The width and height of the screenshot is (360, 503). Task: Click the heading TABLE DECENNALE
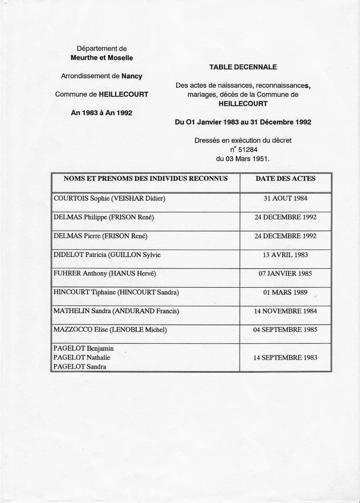pos(243,67)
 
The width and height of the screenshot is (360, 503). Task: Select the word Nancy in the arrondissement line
pos(132,76)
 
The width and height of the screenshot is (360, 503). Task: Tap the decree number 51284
pos(248,150)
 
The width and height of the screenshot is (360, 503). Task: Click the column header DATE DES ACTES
pos(286,178)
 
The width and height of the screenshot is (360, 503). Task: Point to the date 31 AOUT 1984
pos(286,198)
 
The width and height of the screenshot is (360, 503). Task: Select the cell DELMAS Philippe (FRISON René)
pos(104,217)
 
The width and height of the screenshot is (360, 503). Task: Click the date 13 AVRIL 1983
pos(286,255)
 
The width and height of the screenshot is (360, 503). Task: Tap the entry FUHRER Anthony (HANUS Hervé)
pos(105,273)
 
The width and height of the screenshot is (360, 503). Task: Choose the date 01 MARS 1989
pos(286,292)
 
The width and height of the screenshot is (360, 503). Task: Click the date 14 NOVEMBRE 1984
pos(286,311)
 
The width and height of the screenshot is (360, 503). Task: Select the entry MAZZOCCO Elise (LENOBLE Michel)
pos(110,330)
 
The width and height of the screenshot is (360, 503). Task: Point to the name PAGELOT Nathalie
pos(82,357)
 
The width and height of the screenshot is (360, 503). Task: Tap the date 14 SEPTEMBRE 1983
pos(286,357)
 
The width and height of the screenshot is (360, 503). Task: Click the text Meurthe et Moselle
pos(102,58)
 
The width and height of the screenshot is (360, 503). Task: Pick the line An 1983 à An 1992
pos(102,113)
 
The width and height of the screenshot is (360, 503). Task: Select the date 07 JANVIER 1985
pos(286,273)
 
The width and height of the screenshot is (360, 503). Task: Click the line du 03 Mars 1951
pos(243,159)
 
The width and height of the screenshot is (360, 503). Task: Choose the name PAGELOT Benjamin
pos(84,348)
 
